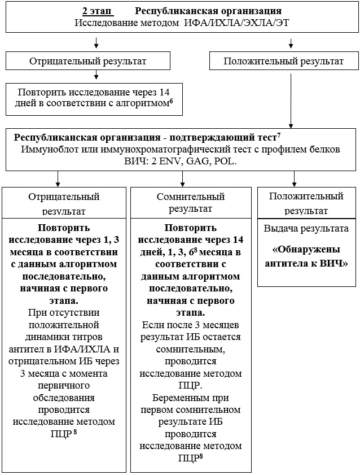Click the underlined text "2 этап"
[96, 11]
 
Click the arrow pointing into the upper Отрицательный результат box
[96, 43]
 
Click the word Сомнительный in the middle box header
[190, 197]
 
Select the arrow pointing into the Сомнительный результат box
[183, 179]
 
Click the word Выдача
[280, 229]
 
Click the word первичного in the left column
[63, 385]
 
